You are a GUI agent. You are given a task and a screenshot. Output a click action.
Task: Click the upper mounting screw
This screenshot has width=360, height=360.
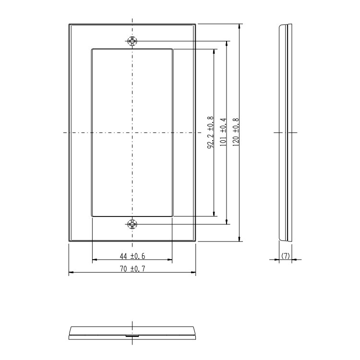pos(132,41)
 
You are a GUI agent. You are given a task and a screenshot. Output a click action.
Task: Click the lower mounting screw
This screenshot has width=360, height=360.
pos(132,224)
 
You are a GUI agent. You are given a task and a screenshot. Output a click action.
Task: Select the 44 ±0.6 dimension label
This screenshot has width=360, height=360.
pos(132,256)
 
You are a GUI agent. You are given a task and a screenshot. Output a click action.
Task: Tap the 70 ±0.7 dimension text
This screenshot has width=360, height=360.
pos(132,268)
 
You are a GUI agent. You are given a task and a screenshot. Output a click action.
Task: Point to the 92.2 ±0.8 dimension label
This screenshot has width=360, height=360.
pos(211,132)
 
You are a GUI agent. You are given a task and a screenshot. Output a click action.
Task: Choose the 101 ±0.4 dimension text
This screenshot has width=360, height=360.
pos(223,132)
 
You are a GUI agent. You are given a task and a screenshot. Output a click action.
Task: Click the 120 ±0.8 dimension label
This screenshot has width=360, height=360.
pos(236,132)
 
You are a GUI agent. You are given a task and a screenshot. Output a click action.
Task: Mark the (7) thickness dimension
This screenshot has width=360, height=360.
pos(286,256)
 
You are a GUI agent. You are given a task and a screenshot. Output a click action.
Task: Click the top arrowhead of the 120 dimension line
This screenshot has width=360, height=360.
pos(240,26)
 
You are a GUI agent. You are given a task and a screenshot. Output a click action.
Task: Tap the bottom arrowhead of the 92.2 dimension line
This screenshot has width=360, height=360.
pos(214,214)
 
